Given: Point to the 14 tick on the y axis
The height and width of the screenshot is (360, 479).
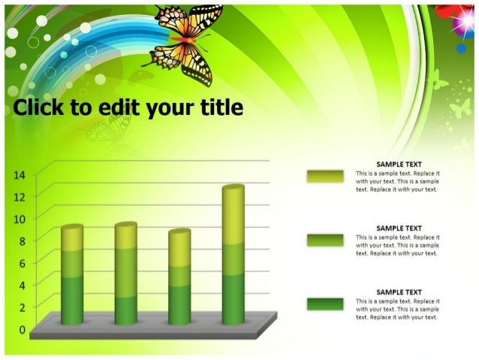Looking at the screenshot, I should [x=20, y=174].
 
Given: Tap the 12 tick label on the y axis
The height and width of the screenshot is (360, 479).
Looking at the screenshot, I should [x=20, y=196].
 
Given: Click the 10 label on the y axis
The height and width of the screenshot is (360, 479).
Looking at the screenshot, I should [x=20, y=219].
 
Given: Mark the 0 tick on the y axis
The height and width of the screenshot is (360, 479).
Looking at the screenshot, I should [x=22, y=329].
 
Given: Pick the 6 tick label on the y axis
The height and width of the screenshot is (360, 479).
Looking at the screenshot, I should [x=22, y=263].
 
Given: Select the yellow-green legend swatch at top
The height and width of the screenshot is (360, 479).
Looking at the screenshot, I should [x=324, y=176].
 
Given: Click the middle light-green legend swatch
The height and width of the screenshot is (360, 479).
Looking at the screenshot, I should [x=324, y=240].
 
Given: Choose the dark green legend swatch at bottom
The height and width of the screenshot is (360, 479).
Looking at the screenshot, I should [x=324, y=304].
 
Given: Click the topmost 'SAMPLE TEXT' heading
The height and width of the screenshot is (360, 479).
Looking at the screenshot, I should [x=399, y=165].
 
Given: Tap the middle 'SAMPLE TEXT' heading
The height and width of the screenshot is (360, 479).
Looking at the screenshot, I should [x=399, y=228].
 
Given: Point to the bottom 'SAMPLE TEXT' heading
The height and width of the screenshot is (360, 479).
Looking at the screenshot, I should [x=399, y=292].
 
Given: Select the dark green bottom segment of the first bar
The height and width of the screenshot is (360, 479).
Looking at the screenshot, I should [x=72, y=299].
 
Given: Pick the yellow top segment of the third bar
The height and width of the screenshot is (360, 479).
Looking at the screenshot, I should [x=179, y=249].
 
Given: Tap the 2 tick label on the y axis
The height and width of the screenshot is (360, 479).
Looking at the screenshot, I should [x=22, y=307].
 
